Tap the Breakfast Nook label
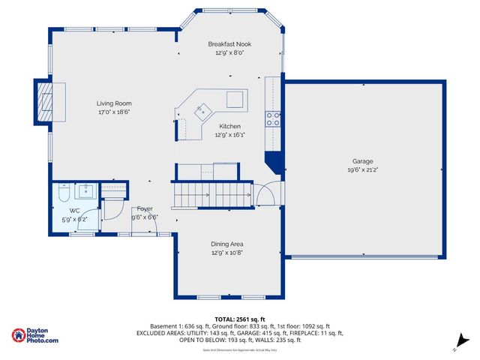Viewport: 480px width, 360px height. pos(229,44)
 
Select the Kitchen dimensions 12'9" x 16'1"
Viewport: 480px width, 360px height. pos(229,135)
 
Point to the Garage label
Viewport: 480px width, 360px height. pos(363,161)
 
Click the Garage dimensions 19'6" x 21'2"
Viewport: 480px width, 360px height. pos(363,170)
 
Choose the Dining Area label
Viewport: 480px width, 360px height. pos(226,244)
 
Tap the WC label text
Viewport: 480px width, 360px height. pos(74,211)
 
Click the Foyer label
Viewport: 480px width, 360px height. pos(144,208)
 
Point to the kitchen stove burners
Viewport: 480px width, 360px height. pos(272,118)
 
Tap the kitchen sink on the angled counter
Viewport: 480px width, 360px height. pos(200,112)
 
